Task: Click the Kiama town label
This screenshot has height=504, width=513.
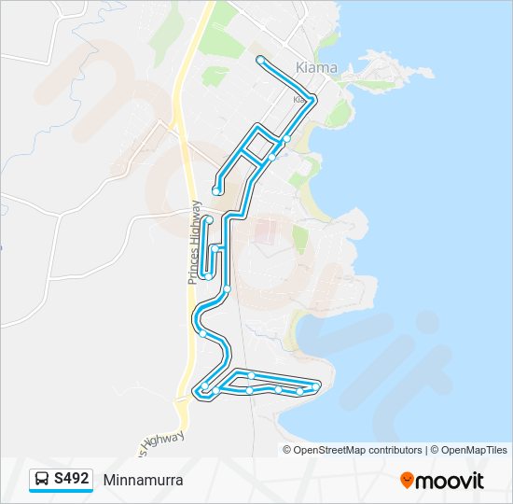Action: click(x=315, y=67)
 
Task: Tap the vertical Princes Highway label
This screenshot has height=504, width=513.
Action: click(x=195, y=242)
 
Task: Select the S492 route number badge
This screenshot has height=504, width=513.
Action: click(x=72, y=479)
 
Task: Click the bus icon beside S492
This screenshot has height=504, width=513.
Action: click(x=42, y=480)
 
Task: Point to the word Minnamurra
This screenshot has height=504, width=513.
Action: click(x=143, y=481)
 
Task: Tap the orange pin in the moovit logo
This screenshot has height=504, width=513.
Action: click(x=407, y=480)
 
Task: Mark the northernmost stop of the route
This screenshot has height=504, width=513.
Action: click(x=260, y=60)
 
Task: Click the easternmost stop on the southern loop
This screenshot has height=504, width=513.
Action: click(x=317, y=385)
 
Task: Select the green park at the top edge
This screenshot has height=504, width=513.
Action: click(x=223, y=14)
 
